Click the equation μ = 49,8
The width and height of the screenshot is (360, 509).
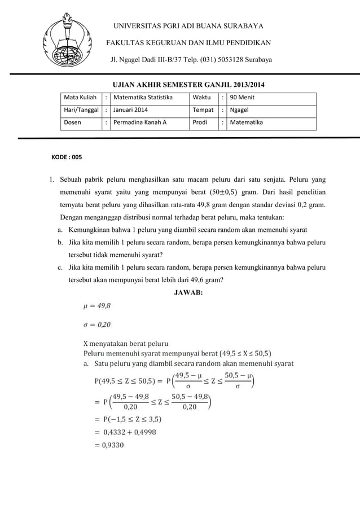coord(97,306)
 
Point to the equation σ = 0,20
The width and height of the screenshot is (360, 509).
coord(97,324)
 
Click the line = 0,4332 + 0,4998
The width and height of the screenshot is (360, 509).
coord(125,432)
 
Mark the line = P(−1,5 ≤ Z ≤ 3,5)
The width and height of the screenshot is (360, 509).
coord(128,419)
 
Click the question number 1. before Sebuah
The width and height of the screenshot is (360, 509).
coord(50,181)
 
